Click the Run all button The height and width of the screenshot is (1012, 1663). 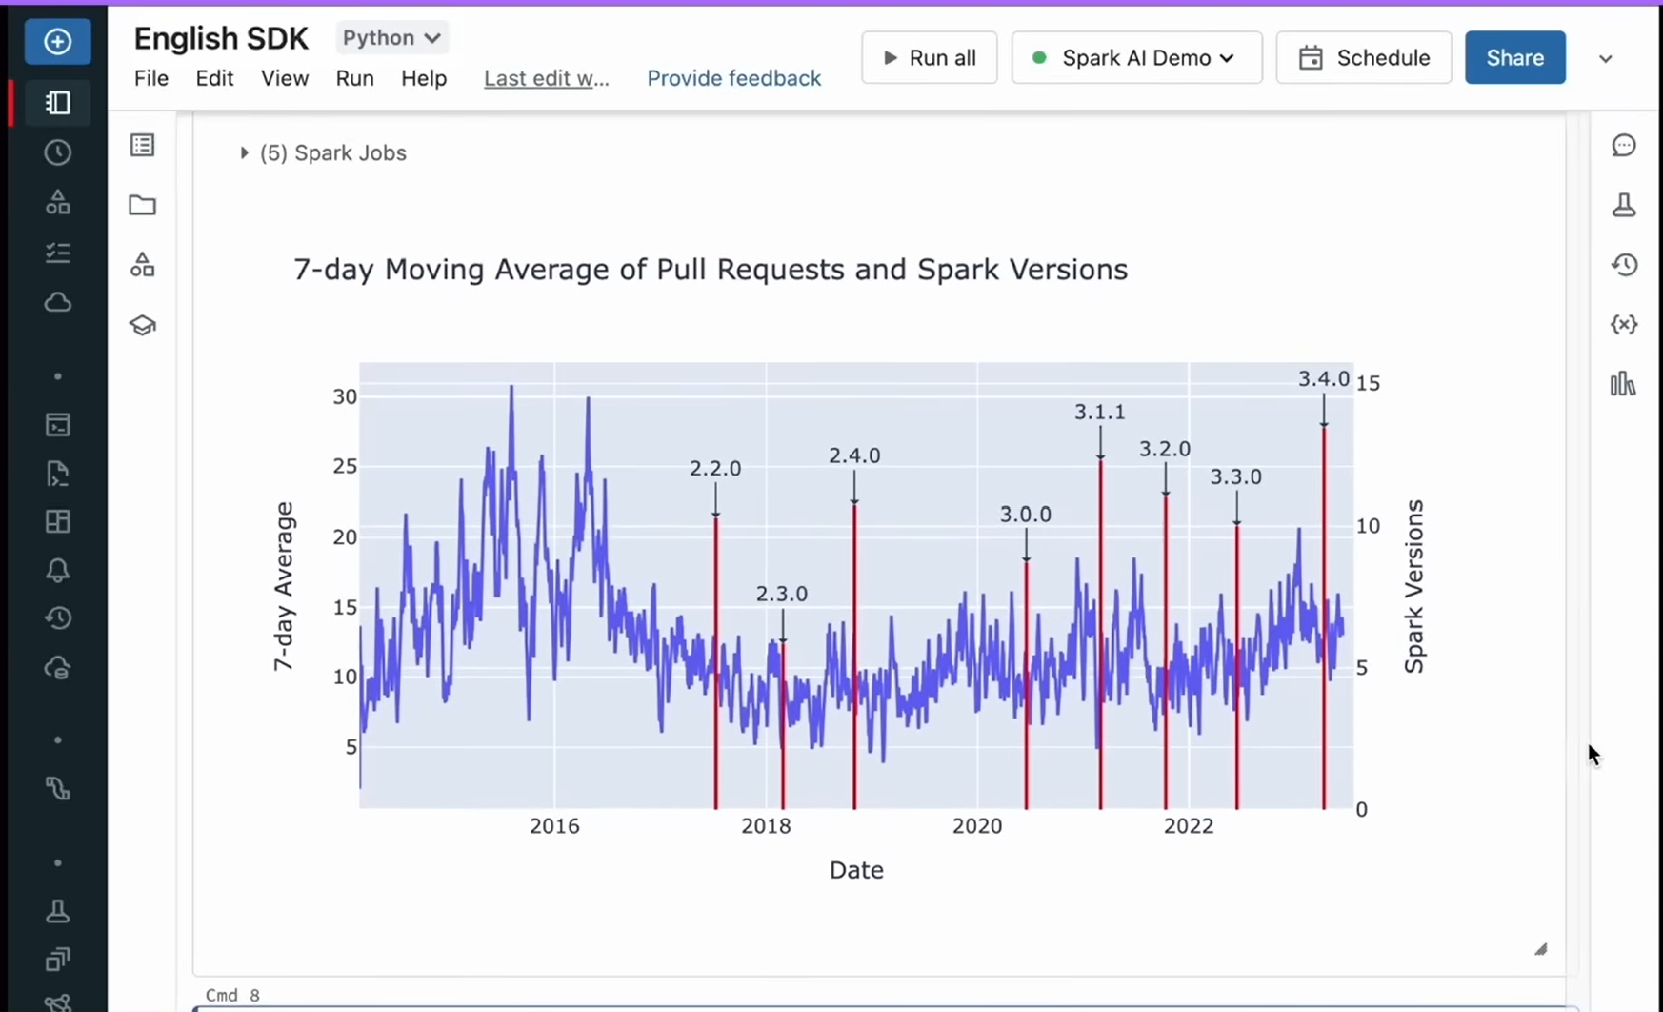click(929, 58)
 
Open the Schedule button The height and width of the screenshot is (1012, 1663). click(1363, 58)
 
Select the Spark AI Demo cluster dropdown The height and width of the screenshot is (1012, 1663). click(1136, 58)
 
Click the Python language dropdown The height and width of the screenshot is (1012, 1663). click(391, 38)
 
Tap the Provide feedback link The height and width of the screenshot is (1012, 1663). click(733, 78)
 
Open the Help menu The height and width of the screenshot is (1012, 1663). click(423, 78)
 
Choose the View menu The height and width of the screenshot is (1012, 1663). click(285, 78)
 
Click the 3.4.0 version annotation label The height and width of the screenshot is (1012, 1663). click(1323, 379)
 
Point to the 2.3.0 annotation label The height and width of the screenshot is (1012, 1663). click(781, 594)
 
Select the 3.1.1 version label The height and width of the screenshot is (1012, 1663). click(1099, 412)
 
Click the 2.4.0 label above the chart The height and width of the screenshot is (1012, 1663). click(853, 455)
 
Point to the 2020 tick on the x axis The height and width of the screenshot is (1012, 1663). click(977, 826)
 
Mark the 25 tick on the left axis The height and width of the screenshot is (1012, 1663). click(345, 466)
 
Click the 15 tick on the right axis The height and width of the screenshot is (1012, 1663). click(1368, 383)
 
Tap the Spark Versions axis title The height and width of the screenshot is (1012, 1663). click(1414, 586)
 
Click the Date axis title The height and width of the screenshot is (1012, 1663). click(856, 870)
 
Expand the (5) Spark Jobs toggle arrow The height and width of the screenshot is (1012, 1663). click(244, 152)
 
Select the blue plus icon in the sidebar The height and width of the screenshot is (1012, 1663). click(57, 42)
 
